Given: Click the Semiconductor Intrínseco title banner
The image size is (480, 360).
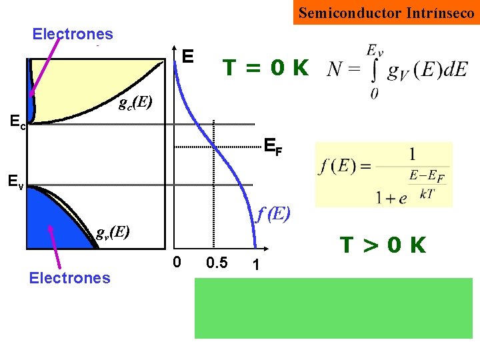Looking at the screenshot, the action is click(386, 13).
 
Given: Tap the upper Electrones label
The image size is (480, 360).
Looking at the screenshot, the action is click(73, 34).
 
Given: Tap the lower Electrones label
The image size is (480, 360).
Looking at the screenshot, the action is click(69, 277).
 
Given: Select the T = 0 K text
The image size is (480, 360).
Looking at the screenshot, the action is click(265, 67).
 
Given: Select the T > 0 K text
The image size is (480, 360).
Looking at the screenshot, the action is click(383, 245).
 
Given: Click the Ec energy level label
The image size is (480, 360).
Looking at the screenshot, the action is click(18, 121).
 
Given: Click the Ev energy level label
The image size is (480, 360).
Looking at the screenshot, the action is click(15, 181).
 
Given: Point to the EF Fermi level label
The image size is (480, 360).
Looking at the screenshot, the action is click(273, 146).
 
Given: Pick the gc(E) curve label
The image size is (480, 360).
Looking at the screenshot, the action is click(135, 103).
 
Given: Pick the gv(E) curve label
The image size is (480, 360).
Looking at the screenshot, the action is click(112, 233).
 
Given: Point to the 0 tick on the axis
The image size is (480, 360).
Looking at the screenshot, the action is click(176, 263).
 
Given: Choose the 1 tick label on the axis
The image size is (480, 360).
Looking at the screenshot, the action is click(255, 264).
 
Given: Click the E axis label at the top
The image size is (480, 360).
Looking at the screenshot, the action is click(188, 56).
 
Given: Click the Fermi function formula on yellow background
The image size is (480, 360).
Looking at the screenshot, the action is click(383, 174).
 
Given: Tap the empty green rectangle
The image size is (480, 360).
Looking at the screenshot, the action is click(333, 308).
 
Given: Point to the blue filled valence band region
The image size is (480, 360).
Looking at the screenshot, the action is click(53, 217).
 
